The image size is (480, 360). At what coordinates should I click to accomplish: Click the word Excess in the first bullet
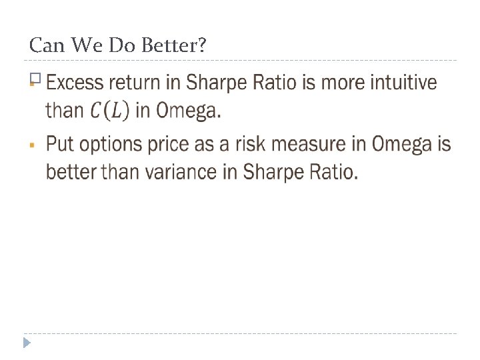[x=74, y=83]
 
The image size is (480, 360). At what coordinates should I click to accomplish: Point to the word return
[x=143, y=83]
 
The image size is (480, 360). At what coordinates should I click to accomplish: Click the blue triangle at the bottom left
[x=27, y=343]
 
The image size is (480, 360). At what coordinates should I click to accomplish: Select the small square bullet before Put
[x=32, y=143]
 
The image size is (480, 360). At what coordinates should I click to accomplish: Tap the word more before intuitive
[x=332, y=83]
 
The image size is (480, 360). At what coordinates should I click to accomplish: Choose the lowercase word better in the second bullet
[x=71, y=173]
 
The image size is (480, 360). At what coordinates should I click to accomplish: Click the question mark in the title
[x=202, y=46]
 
